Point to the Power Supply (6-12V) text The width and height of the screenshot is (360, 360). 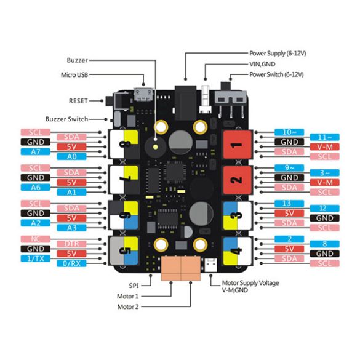click(278, 54)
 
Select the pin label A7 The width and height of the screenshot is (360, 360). click(35, 151)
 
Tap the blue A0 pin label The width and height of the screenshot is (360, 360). click(71, 157)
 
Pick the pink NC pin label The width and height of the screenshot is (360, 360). click(35, 239)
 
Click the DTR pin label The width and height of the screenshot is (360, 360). click(71, 244)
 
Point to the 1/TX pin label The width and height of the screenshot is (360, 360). click(35, 259)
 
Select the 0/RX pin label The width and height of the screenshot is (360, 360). click(71, 264)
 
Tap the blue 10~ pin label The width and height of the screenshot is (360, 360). click(289, 132)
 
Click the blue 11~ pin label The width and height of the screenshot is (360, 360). click(325, 137)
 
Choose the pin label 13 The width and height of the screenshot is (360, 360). click(289, 203)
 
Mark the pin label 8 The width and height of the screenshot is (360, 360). click(325, 243)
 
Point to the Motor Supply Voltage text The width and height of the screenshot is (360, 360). click(250, 283)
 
